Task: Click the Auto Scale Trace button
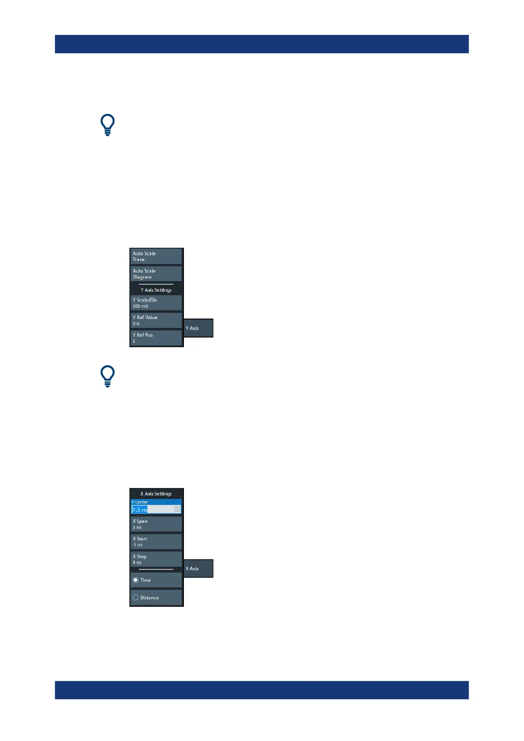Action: click(156, 257)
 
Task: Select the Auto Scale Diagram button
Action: click(156, 274)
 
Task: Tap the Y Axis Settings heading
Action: click(156, 290)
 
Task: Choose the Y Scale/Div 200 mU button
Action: click(156, 303)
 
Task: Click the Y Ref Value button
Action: click(156, 320)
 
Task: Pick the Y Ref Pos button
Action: click(156, 338)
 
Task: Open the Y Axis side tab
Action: click(198, 328)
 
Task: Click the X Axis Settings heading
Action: click(156, 494)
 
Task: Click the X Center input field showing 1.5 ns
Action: click(152, 510)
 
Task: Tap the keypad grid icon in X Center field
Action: click(177, 510)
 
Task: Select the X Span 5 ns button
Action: click(156, 524)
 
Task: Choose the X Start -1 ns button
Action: click(156, 542)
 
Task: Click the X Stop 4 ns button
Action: click(156, 559)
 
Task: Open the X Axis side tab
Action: click(198, 569)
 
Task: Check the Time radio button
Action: click(136, 580)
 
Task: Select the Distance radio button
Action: click(136, 598)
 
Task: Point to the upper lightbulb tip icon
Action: click(107, 125)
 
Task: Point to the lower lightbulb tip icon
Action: click(107, 376)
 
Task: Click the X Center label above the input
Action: click(140, 502)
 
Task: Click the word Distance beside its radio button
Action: click(150, 598)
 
